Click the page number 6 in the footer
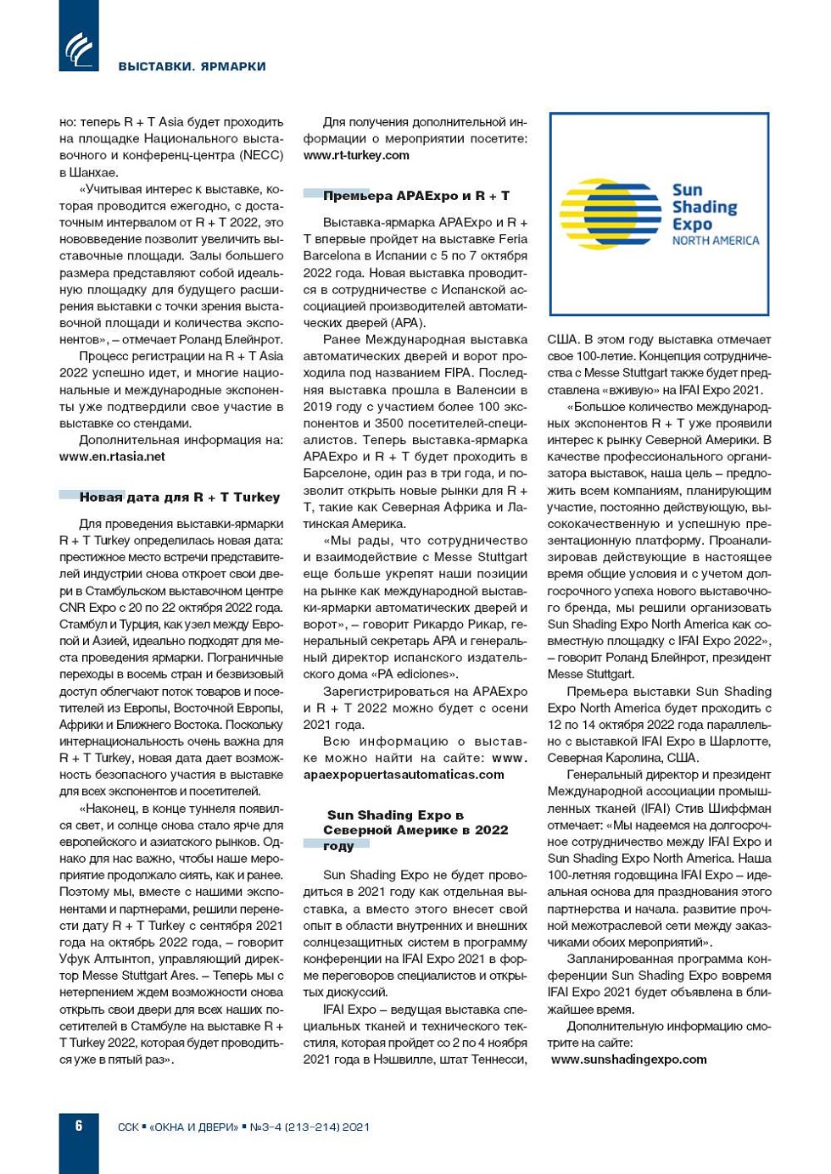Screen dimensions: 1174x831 [79, 1126]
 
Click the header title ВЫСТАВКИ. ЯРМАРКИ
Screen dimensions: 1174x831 [192, 66]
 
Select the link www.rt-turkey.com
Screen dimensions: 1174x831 [356, 155]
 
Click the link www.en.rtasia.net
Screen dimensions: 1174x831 [112, 456]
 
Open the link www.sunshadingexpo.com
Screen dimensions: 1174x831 [628, 1059]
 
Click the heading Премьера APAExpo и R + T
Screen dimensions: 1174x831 [415, 196]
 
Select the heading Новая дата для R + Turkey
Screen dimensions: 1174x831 [179, 498]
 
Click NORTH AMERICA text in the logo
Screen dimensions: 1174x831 [715, 241]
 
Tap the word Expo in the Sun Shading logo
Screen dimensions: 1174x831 [692, 225]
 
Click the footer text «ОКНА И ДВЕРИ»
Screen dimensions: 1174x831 [194, 1127]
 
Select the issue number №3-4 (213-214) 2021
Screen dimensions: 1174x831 [310, 1127]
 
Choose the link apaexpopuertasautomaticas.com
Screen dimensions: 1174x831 [404, 774]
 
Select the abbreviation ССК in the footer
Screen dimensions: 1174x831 [128, 1127]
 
